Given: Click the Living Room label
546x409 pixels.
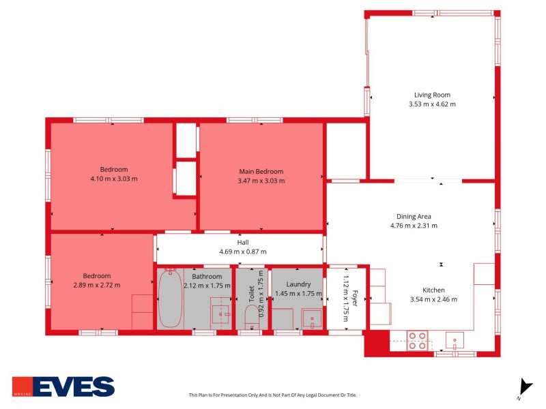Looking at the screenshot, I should [x=432, y=95].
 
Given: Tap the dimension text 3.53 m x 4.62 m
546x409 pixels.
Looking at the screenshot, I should [x=432, y=104].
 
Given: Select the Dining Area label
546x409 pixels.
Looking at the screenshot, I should [x=414, y=216].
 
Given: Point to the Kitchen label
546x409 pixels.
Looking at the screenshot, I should [x=433, y=290].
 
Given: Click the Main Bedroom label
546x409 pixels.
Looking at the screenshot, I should [x=261, y=171].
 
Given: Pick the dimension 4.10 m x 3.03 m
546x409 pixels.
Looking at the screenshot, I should [x=114, y=179].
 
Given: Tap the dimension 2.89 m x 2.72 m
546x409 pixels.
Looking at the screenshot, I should [x=96, y=285].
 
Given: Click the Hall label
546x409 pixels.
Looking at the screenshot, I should [x=242, y=242].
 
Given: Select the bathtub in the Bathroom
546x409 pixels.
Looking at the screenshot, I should [x=170, y=299].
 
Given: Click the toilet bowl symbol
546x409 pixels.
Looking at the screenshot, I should [x=252, y=317].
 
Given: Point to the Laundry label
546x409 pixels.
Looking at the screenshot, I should [x=299, y=284].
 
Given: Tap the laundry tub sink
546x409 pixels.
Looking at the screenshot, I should [x=312, y=318].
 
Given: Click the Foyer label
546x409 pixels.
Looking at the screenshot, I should [x=355, y=298].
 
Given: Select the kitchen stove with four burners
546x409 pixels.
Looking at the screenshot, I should [x=417, y=340].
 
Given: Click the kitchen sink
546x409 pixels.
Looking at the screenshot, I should [x=455, y=339].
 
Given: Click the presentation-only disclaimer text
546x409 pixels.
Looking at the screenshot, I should [x=273, y=395].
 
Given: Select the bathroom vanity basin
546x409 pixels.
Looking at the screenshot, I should [x=220, y=314].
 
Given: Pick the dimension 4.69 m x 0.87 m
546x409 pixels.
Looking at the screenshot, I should [x=242, y=252].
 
